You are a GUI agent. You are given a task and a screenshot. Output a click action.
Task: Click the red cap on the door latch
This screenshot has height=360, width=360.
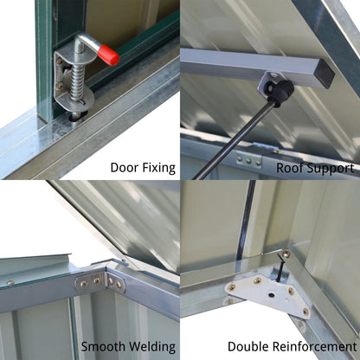pyautogui.click(x=108, y=55)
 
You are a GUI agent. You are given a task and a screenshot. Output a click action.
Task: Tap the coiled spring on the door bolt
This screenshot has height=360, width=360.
pyautogui.click(x=77, y=82)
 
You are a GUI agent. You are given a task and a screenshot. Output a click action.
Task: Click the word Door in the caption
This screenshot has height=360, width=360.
pyautogui.click(x=122, y=168)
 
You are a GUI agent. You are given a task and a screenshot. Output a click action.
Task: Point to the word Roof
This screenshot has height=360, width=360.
pyautogui.click(x=290, y=168)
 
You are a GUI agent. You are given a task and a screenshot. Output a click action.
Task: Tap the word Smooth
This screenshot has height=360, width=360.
pyautogui.click(x=103, y=346)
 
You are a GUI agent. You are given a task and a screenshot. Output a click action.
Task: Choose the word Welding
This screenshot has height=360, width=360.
pyautogui.click(x=152, y=347)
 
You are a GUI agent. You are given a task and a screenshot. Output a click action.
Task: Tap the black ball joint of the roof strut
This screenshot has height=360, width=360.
pyautogui.click(x=280, y=90)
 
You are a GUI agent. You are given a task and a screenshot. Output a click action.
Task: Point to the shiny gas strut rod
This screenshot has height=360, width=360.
pyautogui.click(x=234, y=140)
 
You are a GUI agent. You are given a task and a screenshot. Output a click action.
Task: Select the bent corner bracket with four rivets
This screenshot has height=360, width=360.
pyautogui.click(x=100, y=281)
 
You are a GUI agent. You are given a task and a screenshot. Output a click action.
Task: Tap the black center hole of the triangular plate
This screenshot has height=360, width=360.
pyautogui.click(x=272, y=295)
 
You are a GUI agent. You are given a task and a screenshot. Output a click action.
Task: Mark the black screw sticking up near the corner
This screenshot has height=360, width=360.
pyautogui.click(x=280, y=267)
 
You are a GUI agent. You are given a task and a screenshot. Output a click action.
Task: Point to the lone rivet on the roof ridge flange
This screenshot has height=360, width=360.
pyautogui.click(x=10, y=282)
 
